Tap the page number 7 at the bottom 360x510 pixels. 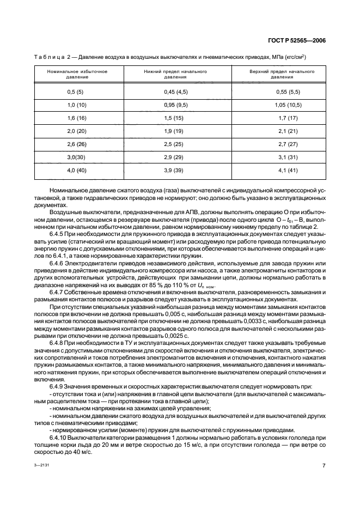click(324, 466)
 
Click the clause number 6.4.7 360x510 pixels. click(57, 293)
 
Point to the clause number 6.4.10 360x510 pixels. click(58, 437)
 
